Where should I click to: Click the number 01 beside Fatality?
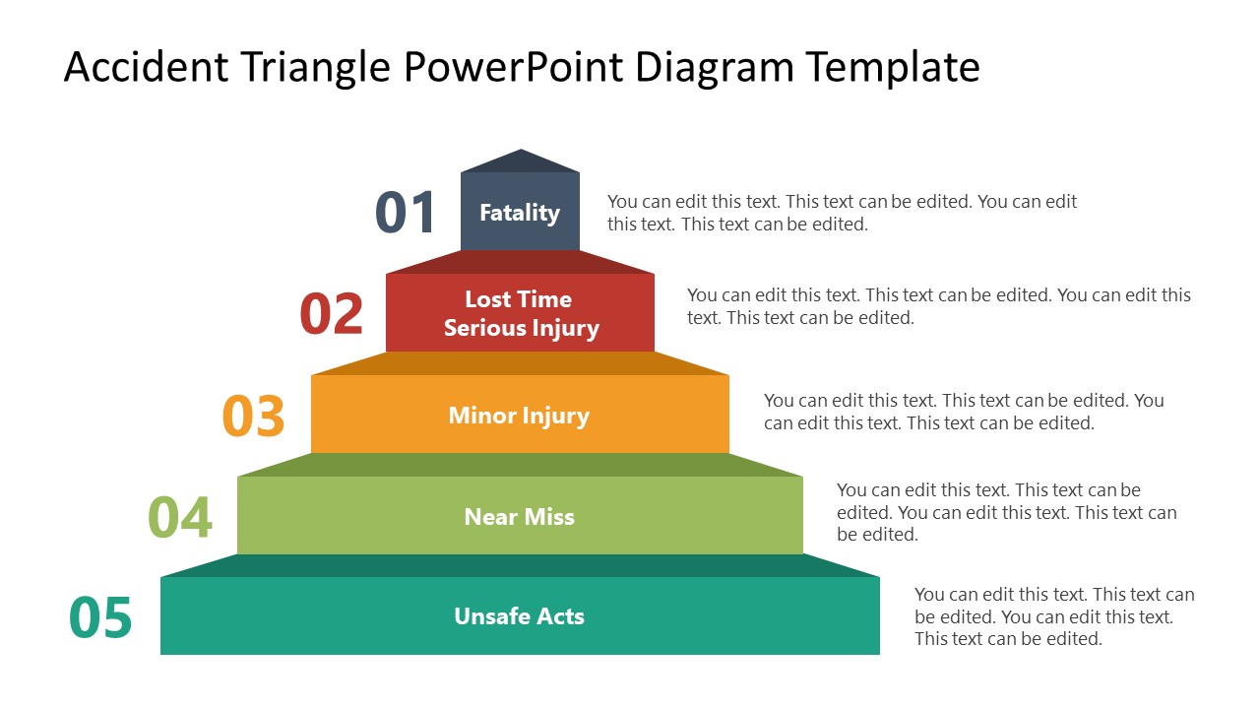tap(406, 214)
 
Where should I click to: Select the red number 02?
tap(332, 314)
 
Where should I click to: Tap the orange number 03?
tap(254, 416)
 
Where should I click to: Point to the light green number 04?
tap(180, 517)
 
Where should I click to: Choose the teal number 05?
tap(100, 617)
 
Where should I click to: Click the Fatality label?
tap(520, 213)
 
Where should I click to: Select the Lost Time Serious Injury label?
tap(520, 313)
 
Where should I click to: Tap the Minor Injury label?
tap(519, 416)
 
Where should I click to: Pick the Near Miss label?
tap(519, 517)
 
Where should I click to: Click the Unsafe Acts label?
tap(519, 616)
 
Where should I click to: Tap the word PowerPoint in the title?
tap(515, 68)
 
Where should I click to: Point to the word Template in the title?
tap(893, 68)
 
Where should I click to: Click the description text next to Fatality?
tap(842, 213)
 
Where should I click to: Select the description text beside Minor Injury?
tap(963, 412)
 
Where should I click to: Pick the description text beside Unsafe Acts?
tap(1053, 616)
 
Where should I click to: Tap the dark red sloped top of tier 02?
tap(520, 262)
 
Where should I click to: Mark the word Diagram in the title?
tap(715, 68)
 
